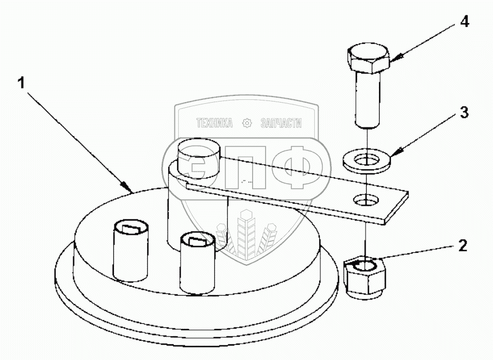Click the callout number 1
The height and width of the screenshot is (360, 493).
tap(21, 84)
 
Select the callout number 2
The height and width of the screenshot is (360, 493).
tap(463, 245)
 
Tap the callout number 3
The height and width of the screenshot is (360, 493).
tap(464, 112)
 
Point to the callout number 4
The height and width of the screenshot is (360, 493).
tap(464, 21)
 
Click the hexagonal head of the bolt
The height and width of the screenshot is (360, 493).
tap(368, 59)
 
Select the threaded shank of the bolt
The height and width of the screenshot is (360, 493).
tap(368, 100)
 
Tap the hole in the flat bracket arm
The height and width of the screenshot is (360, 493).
tap(366, 200)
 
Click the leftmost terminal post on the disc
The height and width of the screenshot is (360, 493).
tap(130, 251)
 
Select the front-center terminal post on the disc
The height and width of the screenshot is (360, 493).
tap(198, 263)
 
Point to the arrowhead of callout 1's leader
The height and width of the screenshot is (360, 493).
tap(127, 187)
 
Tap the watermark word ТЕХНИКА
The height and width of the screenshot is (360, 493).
tap(214, 123)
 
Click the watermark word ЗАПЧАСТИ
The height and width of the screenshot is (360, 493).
tap(281, 123)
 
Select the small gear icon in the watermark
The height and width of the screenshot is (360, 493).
tap(247, 123)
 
